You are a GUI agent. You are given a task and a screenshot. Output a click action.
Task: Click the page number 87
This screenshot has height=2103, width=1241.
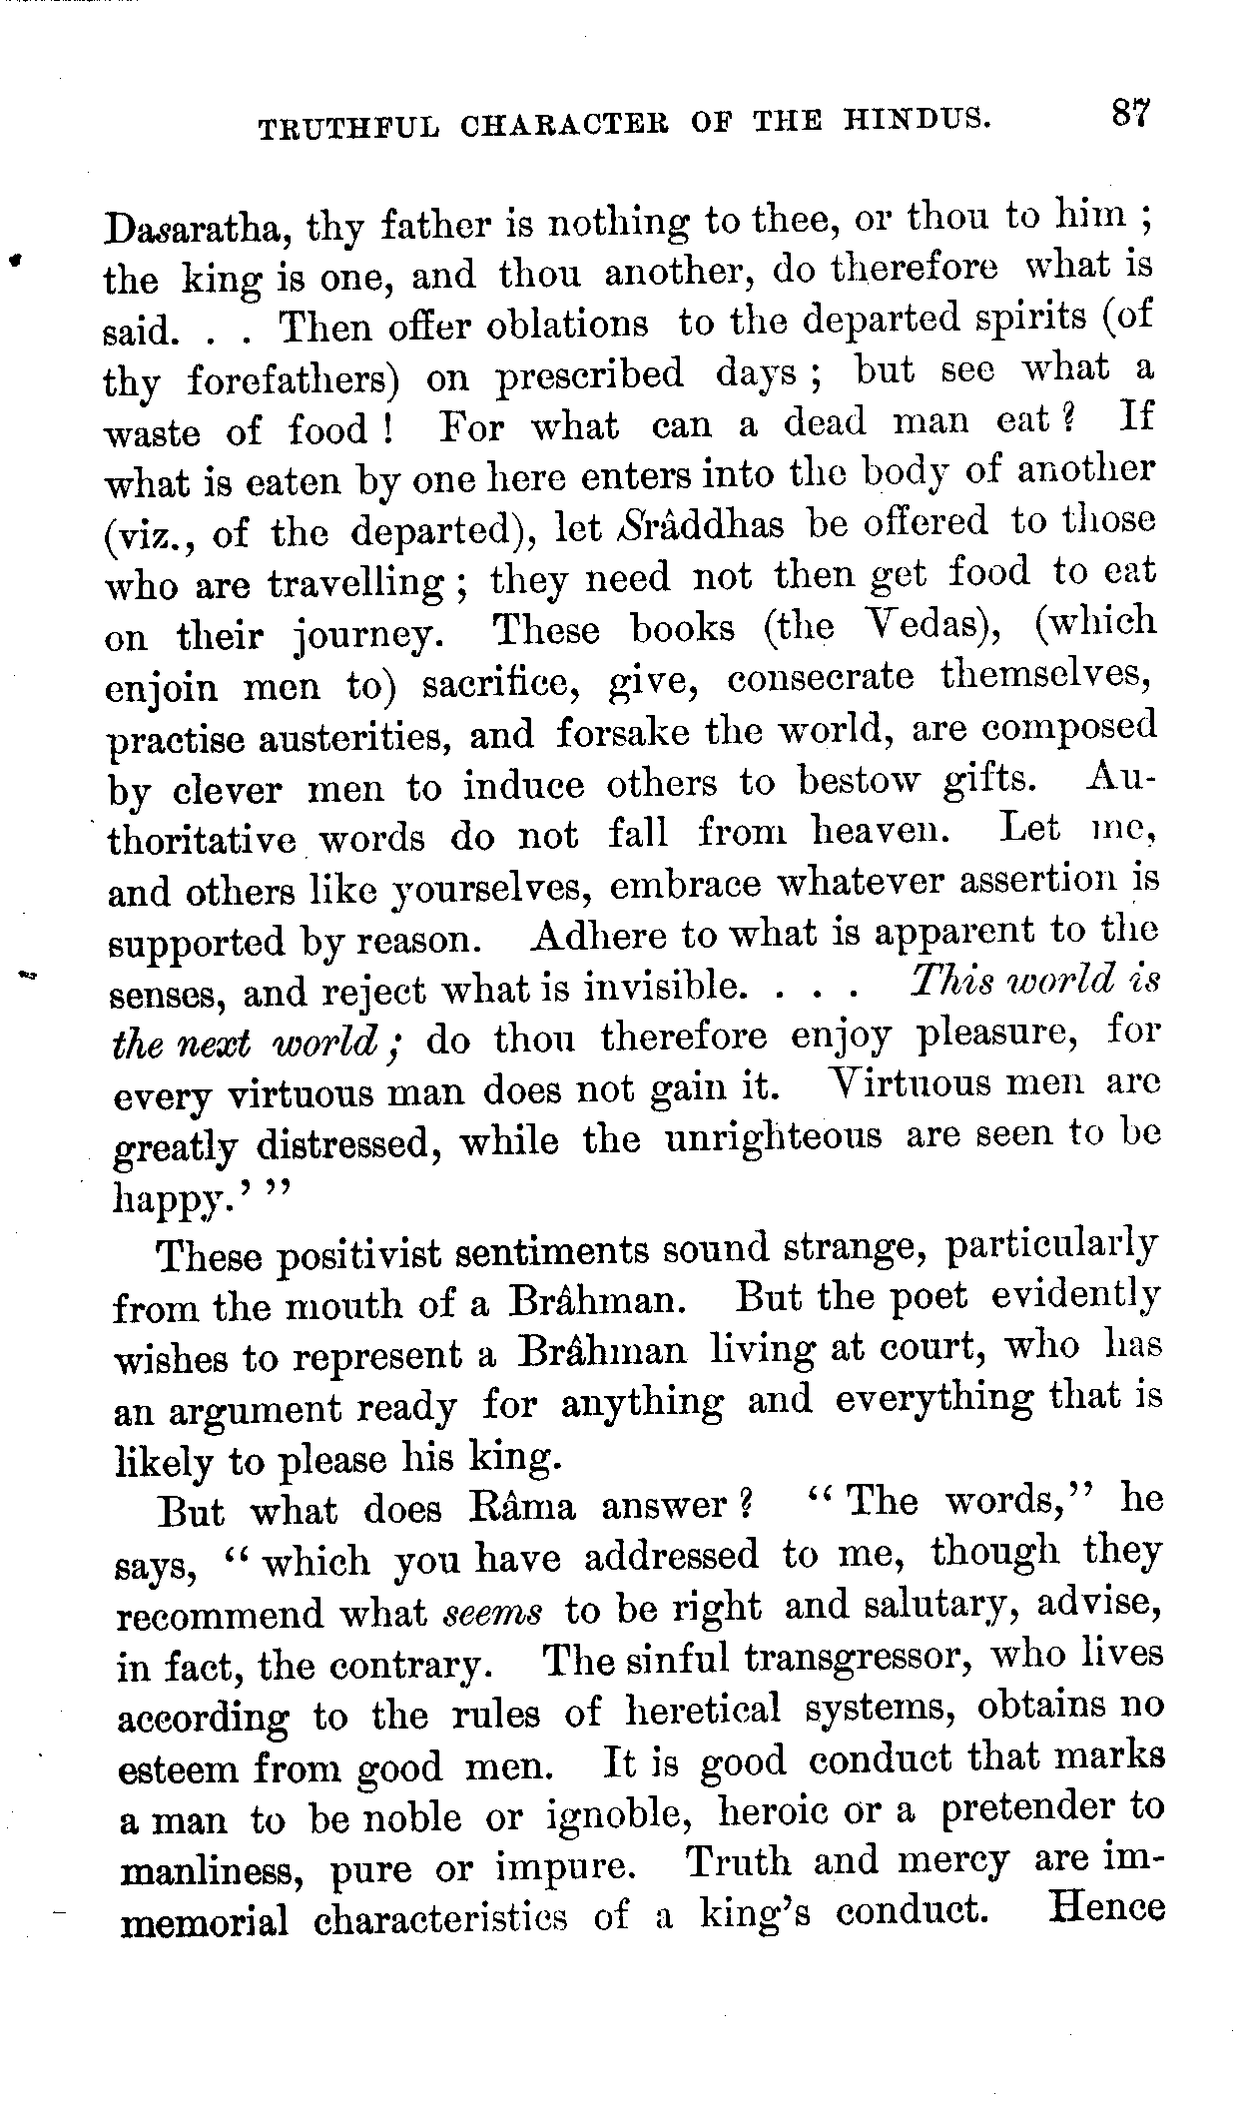(x=1129, y=110)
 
